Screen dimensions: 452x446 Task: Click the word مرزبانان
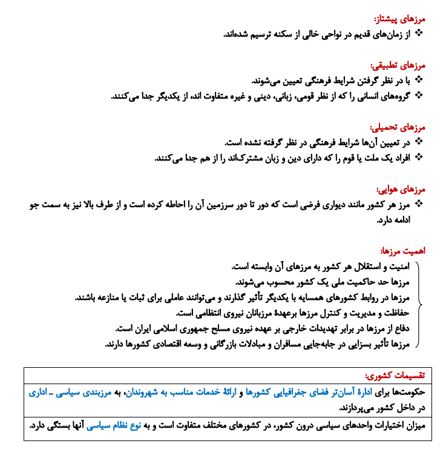[249, 313]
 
